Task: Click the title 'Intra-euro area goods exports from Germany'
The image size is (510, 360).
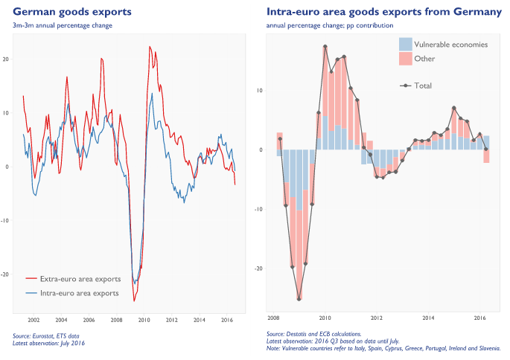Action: pos(383,12)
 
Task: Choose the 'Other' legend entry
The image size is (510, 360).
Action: pos(424,58)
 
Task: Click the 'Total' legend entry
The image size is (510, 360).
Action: pos(422,86)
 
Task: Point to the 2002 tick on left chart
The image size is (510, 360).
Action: pos(34,320)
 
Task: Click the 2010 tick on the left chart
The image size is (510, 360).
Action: pos(144,320)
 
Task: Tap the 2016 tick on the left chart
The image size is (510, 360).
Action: pos(227,320)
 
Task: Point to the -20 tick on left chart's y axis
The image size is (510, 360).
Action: pos(5,274)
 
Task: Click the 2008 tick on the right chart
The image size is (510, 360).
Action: pos(273,317)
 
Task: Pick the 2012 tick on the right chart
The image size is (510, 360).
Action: pos(377,317)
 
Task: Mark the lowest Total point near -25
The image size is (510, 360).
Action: pos(299,299)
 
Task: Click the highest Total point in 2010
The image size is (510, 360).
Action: pos(325,46)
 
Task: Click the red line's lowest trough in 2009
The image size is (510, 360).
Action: pos(134,300)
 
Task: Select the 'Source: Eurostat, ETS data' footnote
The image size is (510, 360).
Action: pos(46,337)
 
